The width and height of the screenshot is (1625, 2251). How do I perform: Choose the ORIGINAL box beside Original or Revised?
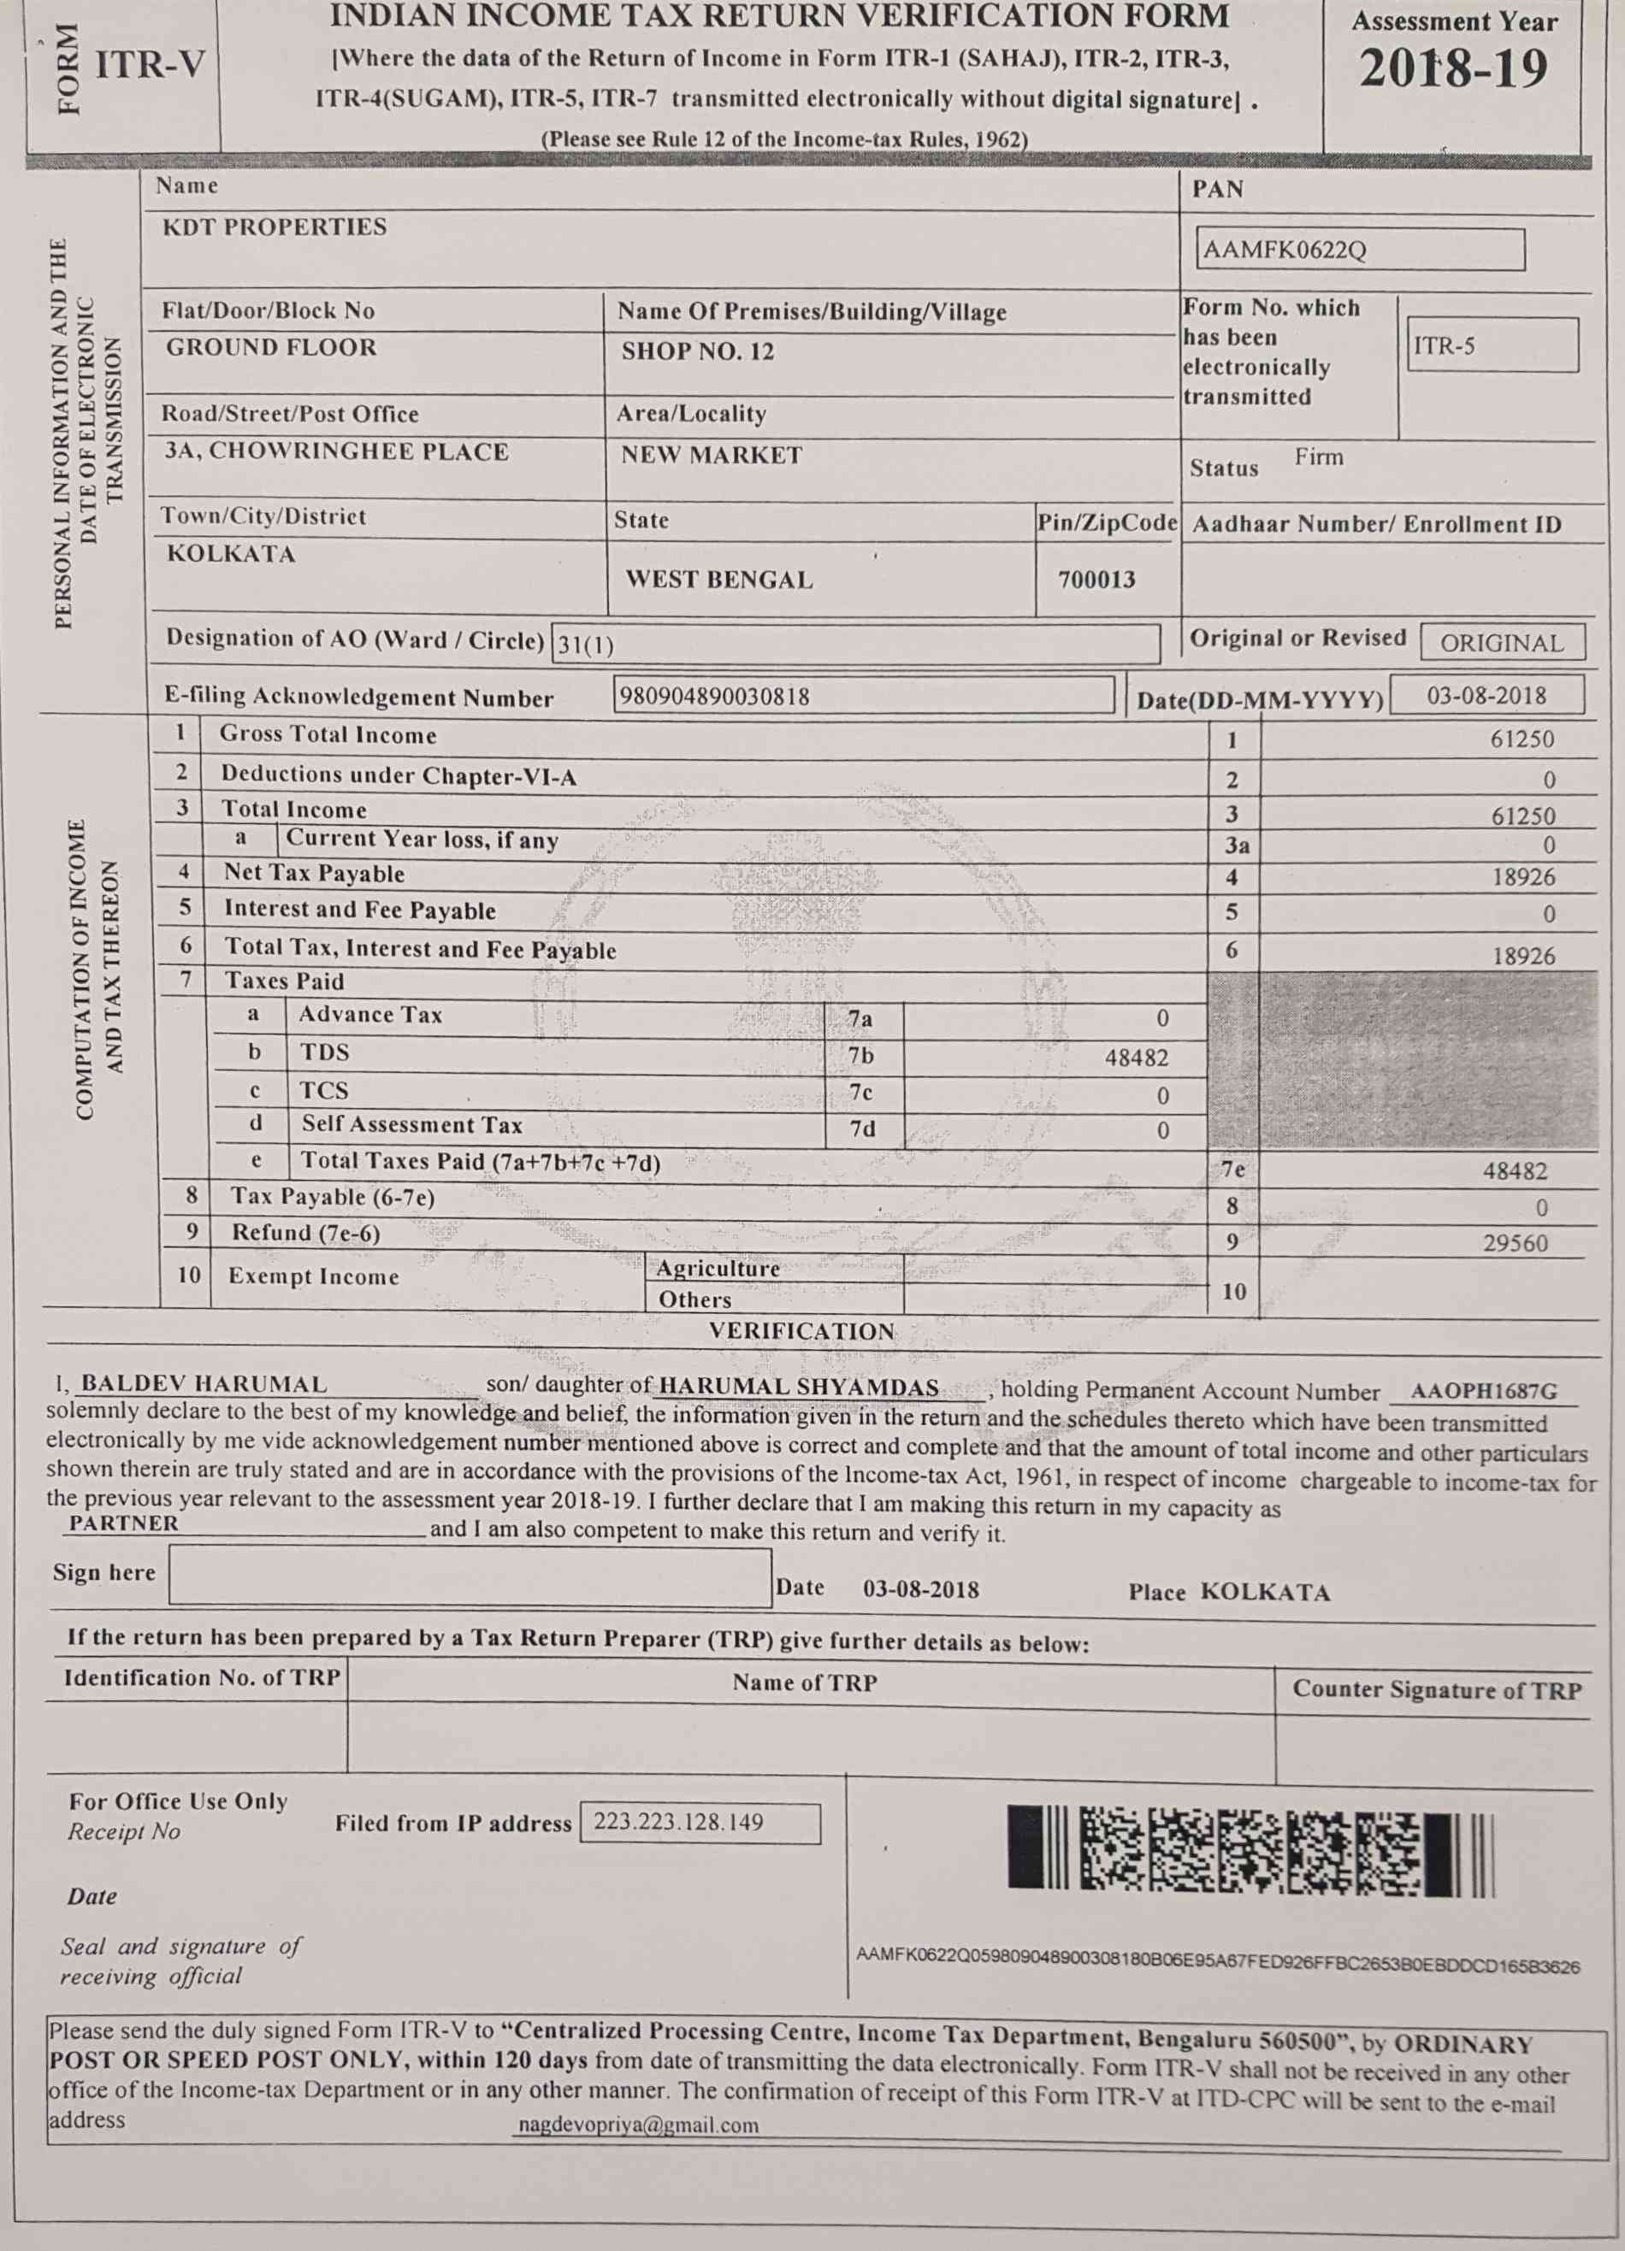[1501, 643]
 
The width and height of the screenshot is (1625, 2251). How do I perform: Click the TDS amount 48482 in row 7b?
[1137, 1058]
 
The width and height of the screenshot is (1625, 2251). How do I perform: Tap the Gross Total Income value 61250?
[1522, 740]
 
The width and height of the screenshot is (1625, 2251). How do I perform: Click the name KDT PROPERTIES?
[275, 227]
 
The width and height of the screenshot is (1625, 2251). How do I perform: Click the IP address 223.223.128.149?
[679, 1822]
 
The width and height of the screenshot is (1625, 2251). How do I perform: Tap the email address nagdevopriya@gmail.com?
[639, 2125]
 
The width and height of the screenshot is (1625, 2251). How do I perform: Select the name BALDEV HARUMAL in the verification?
[204, 1383]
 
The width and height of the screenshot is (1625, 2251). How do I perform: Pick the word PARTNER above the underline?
[124, 1523]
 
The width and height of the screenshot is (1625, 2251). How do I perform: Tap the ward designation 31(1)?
[586, 646]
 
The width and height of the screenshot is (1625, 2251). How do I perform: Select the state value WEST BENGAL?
[718, 580]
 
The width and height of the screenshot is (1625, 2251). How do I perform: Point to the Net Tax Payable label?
[314, 874]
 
